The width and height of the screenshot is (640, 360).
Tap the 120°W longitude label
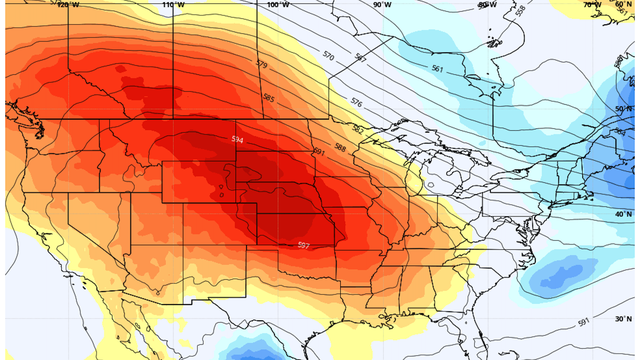(68, 5)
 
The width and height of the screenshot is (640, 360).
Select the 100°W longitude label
(277, 5)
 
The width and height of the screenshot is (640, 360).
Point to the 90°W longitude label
(382, 5)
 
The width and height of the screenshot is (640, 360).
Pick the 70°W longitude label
(592, 5)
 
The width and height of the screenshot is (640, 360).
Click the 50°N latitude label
(624, 108)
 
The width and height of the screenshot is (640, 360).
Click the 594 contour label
(238, 139)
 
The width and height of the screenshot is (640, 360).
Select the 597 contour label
(305, 245)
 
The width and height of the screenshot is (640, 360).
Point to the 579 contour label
(262, 65)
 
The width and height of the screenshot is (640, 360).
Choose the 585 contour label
(268, 98)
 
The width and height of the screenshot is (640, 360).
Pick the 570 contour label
(329, 57)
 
